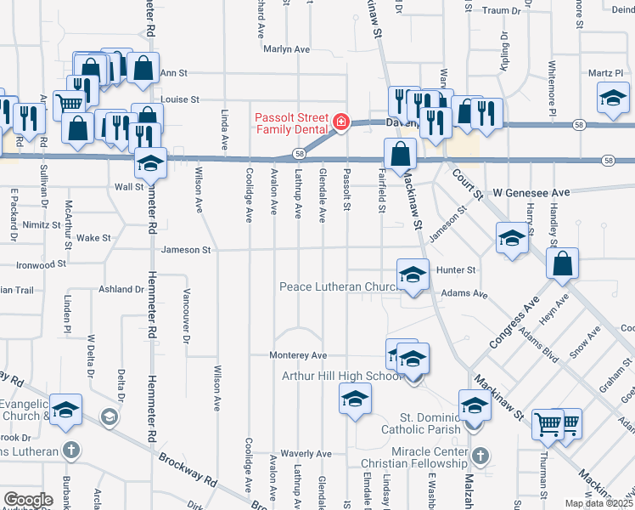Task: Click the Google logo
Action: click(28, 500)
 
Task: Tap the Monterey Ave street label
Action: click(298, 355)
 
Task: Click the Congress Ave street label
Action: click(514, 324)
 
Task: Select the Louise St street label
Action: click(179, 99)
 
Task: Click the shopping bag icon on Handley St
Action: click(563, 265)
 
